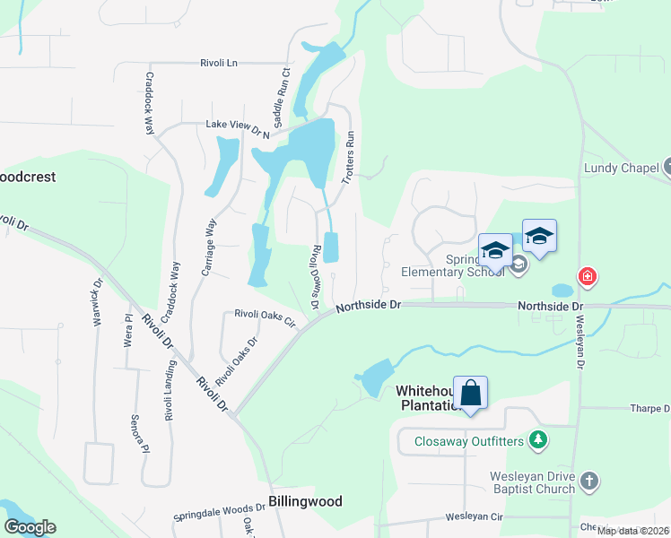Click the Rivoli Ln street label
(x=219, y=64)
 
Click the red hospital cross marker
(x=587, y=277)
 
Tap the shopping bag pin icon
(x=471, y=393)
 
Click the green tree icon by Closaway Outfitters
(x=538, y=440)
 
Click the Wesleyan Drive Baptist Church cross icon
(x=588, y=482)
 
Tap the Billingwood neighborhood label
(x=305, y=501)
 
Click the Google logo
(x=30, y=527)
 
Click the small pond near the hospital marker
(x=562, y=291)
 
